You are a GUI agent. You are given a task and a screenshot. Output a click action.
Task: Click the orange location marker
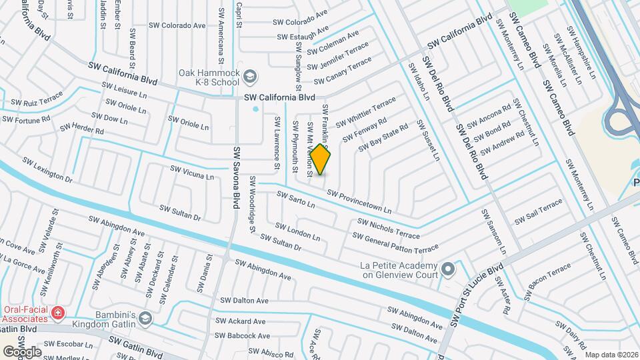click(x=321, y=160)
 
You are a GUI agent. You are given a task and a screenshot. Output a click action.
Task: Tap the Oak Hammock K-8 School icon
click(x=250, y=77)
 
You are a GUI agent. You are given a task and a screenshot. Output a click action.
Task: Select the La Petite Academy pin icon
click(x=448, y=270)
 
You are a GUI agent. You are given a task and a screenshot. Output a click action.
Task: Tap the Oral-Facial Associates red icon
click(x=59, y=312)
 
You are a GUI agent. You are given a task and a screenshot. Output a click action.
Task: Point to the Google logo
click(x=21, y=351)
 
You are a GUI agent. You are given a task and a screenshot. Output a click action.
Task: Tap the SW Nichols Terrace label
click(x=389, y=228)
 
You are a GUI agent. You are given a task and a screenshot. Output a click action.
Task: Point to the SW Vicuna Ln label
click(x=192, y=173)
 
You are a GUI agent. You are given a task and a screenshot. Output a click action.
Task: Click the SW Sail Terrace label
click(x=538, y=215)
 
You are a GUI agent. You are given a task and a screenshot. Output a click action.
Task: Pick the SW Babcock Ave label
click(x=241, y=336)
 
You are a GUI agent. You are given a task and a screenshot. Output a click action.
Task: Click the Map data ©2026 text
click(x=611, y=355)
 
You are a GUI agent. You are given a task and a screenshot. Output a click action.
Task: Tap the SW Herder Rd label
click(x=81, y=129)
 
